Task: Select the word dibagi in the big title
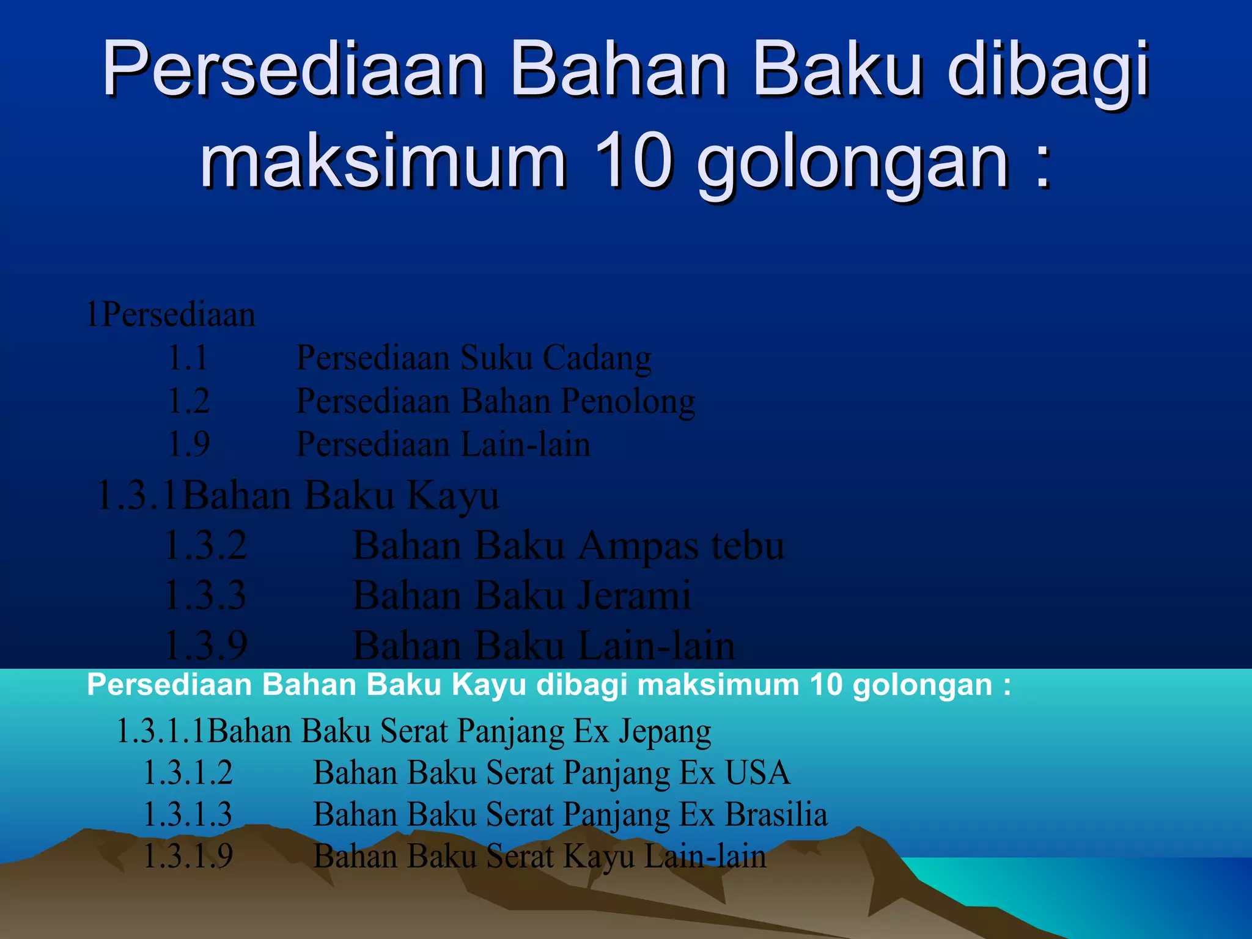pos(1049,70)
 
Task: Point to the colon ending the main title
pos(1043,162)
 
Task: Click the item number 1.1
pos(188,358)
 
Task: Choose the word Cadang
pos(597,358)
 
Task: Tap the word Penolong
pos(628,402)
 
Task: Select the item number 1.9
pos(189,444)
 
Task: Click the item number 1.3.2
pos(206,545)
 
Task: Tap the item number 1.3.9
pos(206,646)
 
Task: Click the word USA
pos(757,773)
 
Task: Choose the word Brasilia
pos(776,814)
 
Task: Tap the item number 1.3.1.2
pos(188,773)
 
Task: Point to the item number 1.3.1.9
pos(188,856)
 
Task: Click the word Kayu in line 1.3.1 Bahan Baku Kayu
pos(453,495)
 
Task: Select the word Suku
pos(496,358)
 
